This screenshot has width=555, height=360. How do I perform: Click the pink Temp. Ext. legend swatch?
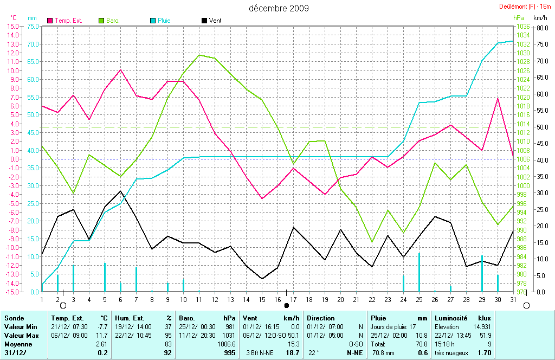tap(51, 21)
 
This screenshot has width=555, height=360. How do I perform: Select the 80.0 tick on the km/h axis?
tap(543, 26)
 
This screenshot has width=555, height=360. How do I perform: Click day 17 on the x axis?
tap(293, 299)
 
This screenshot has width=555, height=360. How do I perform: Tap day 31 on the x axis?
tap(513, 299)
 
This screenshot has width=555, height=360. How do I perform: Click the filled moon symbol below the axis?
tap(286, 306)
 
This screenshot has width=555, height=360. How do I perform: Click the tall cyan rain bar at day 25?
tap(419, 272)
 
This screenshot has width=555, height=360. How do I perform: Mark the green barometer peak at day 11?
tap(199, 55)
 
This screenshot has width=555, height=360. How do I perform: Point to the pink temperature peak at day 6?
tap(120, 69)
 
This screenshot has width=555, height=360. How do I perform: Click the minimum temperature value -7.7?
tap(102, 327)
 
